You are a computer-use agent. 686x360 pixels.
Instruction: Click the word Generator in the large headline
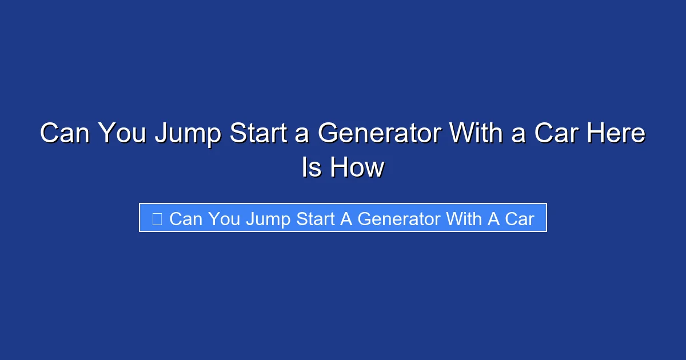click(379, 134)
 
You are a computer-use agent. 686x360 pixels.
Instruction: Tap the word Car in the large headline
click(556, 134)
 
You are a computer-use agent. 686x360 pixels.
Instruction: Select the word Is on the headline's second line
click(311, 167)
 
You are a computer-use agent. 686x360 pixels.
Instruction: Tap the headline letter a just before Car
click(521, 135)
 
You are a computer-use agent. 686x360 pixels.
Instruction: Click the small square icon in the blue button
click(157, 218)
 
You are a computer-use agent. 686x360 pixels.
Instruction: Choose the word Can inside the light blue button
click(186, 218)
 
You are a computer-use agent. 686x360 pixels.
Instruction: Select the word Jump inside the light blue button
click(268, 219)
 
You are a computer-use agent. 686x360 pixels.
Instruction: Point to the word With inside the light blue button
click(464, 218)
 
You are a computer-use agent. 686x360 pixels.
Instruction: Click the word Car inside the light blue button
click(519, 218)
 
